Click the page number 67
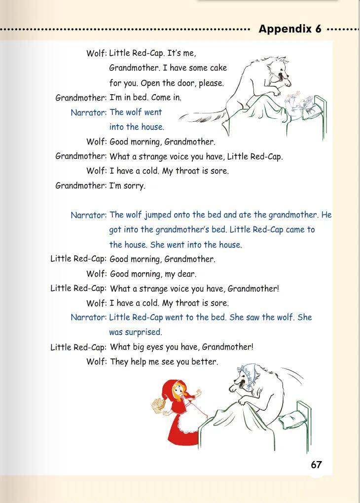click(x=316, y=465)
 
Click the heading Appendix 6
click(x=290, y=29)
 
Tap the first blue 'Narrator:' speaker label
click(x=88, y=112)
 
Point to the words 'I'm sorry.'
click(x=127, y=186)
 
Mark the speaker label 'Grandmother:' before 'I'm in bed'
click(x=81, y=98)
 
